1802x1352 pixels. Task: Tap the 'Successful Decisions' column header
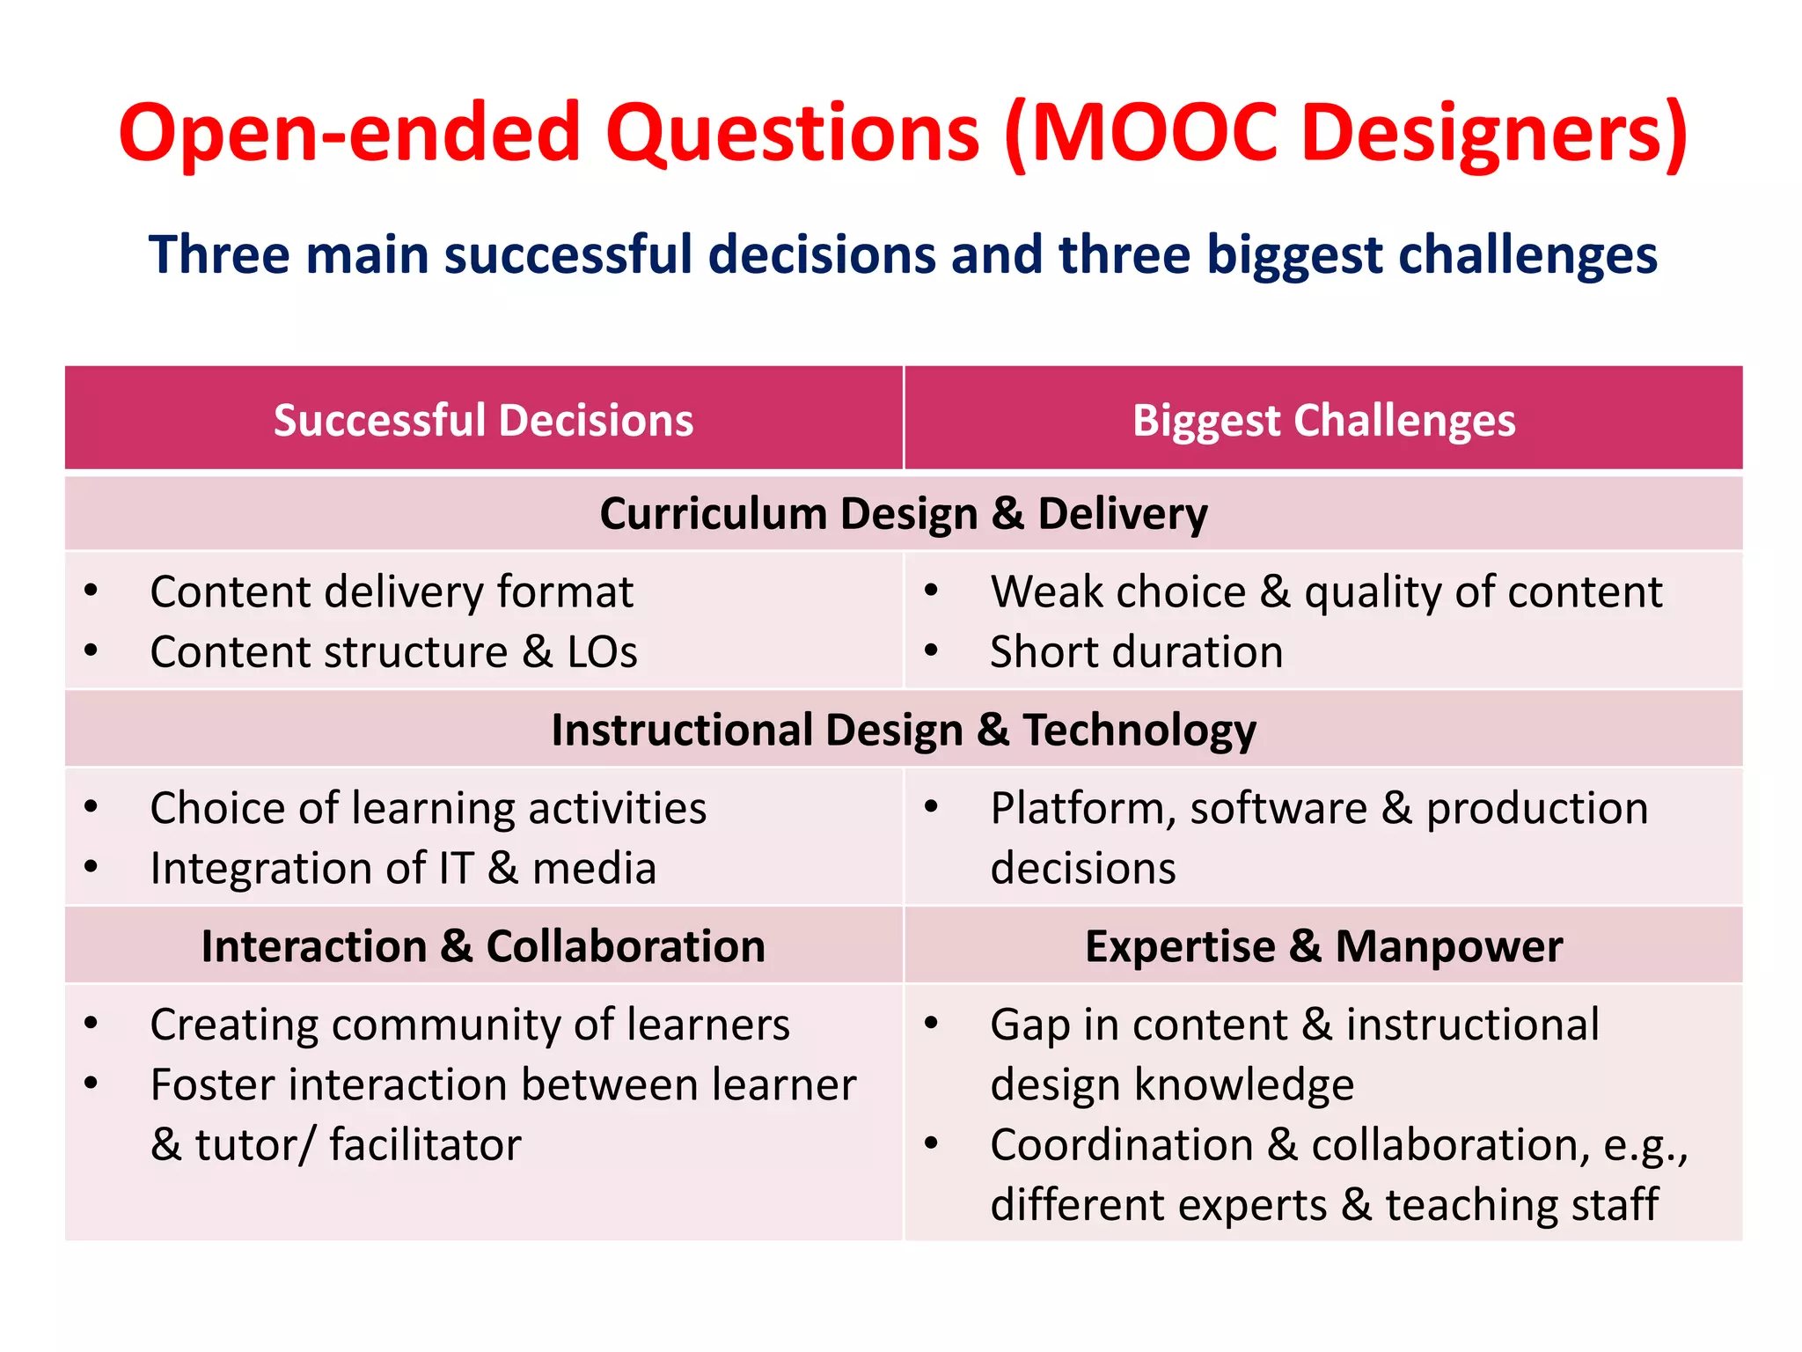pos(483,420)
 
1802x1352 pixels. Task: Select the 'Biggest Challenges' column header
pos(1323,420)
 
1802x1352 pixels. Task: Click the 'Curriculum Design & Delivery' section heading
pos(903,514)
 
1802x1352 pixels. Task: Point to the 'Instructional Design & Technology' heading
pos(903,731)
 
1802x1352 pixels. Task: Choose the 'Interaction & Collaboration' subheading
pos(483,947)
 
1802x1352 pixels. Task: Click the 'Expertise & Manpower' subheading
pos(1323,947)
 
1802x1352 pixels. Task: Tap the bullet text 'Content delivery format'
pos(392,591)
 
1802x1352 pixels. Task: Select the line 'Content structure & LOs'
pos(393,652)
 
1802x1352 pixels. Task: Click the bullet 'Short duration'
pos(1136,652)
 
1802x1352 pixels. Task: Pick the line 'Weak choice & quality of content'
pos(1326,591)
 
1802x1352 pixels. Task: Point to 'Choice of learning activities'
pos(428,808)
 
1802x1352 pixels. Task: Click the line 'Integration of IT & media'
pos(403,869)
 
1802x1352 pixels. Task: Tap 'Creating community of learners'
pos(470,1025)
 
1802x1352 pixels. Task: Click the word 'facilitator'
pos(425,1145)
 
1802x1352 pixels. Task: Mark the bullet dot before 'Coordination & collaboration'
pos(932,1144)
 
